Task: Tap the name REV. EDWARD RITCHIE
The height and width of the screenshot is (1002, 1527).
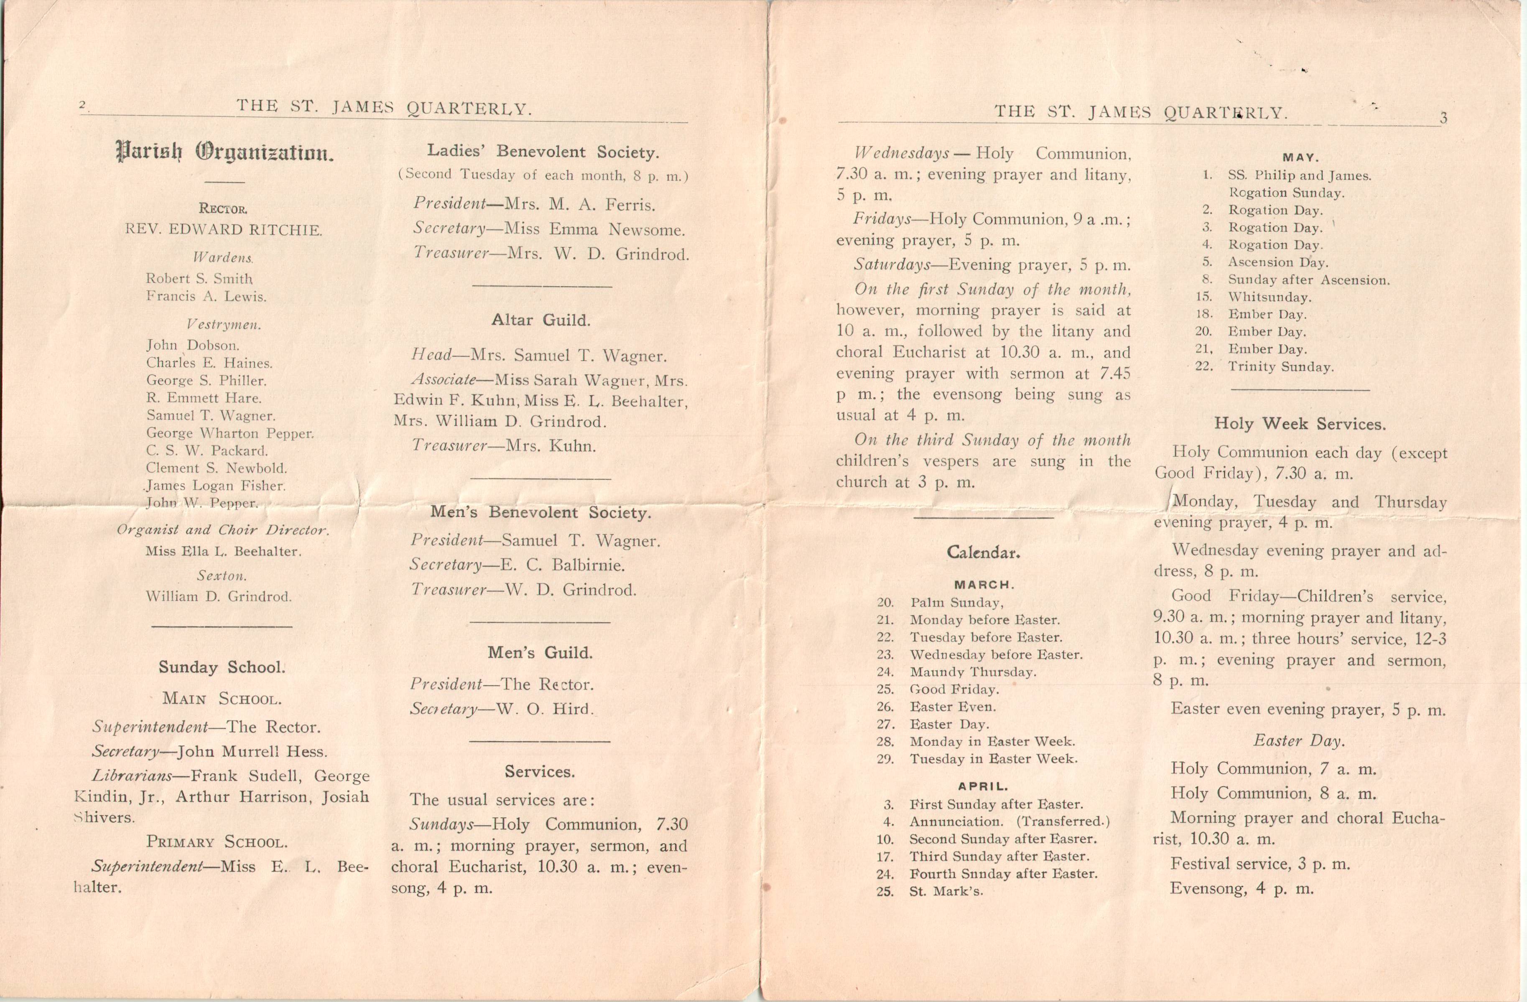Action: (223, 230)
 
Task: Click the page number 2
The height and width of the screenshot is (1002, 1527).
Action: (82, 105)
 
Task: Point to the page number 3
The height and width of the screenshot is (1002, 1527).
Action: (1443, 118)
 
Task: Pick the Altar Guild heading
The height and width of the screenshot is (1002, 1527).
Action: (540, 320)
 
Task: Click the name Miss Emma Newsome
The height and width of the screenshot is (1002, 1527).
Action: (595, 229)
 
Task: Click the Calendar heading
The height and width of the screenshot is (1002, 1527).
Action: (983, 552)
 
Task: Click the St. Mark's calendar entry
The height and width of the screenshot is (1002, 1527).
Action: (946, 891)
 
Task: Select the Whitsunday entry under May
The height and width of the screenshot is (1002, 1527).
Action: (1269, 297)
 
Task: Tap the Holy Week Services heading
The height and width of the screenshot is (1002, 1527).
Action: (1299, 424)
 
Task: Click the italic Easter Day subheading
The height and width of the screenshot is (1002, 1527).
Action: (1299, 741)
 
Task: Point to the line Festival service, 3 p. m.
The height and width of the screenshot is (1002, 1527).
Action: (1260, 864)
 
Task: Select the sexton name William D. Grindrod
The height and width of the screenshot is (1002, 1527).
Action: (218, 597)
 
